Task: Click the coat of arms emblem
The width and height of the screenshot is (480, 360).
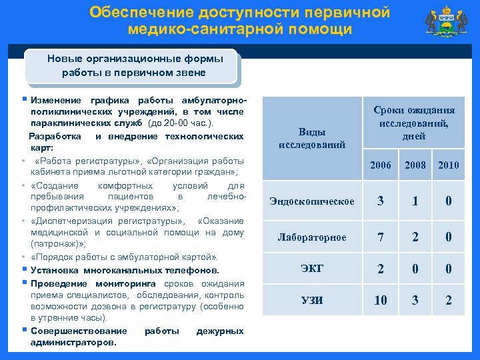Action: (x=445, y=23)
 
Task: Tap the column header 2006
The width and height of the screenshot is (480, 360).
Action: (x=381, y=165)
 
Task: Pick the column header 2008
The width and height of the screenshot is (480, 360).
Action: (x=415, y=165)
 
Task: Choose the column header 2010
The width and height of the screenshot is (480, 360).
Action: (x=449, y=165)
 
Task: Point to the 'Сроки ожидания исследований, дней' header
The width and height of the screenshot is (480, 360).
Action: (x=414, y=123)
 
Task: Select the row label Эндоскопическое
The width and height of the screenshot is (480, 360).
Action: (x=312, y=201)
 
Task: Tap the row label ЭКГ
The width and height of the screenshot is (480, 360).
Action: (x=312, y=269)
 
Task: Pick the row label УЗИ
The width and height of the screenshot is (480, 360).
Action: (x=312, y=301)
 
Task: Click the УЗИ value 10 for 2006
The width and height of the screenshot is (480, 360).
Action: (x=381, y=301)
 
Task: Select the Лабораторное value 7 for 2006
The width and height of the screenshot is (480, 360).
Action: (x=381, y=237)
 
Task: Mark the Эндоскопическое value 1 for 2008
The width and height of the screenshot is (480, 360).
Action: (x=415, y=201)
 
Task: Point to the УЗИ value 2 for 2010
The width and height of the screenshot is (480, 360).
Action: (x=449, y=301)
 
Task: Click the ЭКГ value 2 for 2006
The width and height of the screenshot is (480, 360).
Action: (x=381, y=269)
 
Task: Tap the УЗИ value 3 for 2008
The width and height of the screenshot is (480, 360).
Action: (x=415, y=301)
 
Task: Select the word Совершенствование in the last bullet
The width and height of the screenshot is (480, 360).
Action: (x=79, y=331)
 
